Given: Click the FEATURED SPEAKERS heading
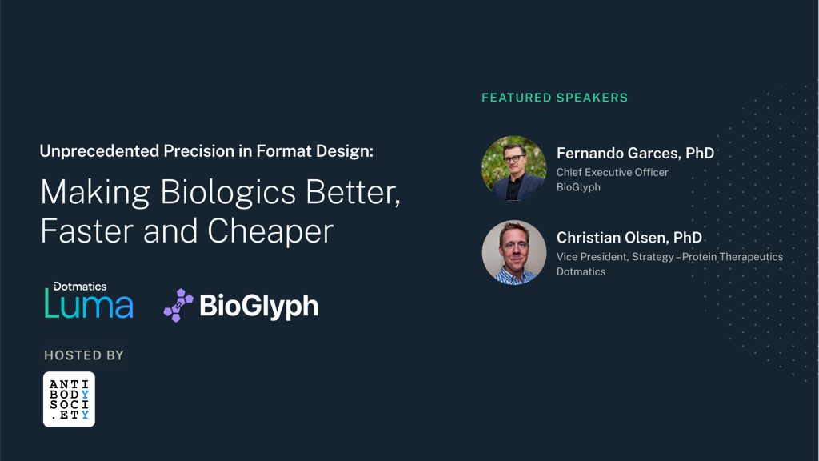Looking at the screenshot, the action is click(555, 98).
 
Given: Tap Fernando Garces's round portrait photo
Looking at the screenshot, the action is click(514, 168).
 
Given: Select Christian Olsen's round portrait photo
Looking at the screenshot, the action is click(514, 252).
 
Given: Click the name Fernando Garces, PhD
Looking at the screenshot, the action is click(635, 153).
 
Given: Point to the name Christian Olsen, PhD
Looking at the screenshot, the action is click(629, 237).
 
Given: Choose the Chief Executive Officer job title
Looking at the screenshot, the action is click(612, 172).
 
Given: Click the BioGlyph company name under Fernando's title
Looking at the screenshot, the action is click(578, 187).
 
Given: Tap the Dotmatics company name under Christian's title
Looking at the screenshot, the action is click(581, 271).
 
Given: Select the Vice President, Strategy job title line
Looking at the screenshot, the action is click(669, 257).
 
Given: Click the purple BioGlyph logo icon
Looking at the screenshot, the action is click(178, 305).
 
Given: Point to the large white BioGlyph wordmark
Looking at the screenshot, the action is click(258, 306).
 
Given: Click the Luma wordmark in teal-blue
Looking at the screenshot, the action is click(89, 304).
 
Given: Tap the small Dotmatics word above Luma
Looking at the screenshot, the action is click(80, 287).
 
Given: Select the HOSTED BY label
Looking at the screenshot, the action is click(84, 355).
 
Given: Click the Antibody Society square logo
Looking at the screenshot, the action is click(69, 399).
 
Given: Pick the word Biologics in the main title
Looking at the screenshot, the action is click(228, 193).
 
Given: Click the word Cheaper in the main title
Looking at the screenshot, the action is click(270, 231).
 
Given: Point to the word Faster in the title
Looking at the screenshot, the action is click(87, 231).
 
